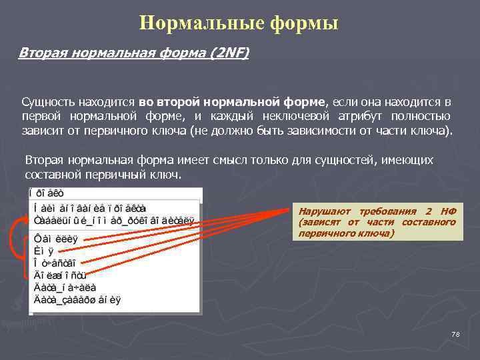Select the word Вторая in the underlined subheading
pos(40,53)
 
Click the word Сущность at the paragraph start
pos(47,102)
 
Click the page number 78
pos(455,333)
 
